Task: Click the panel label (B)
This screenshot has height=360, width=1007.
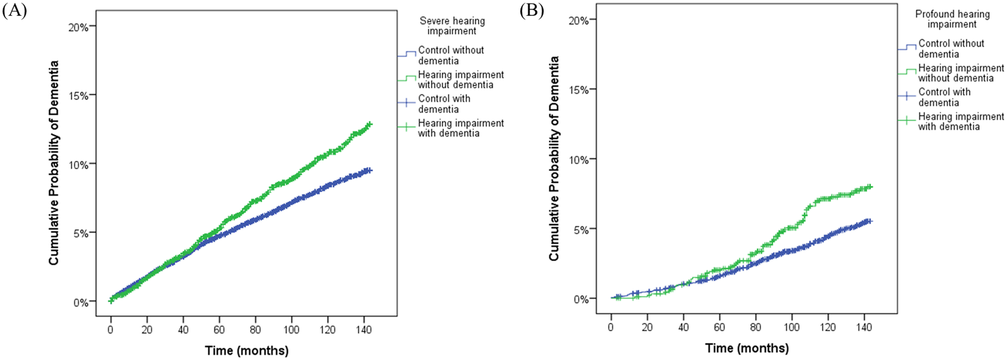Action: (x=530, y=10)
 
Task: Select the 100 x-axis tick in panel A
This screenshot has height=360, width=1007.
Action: (x=291, y=329)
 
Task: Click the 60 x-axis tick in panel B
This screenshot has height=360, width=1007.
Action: (x=720, y=327)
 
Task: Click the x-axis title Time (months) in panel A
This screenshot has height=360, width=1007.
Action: (x=247, y=350)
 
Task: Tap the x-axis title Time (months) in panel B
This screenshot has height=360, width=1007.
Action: (x=747, y=348)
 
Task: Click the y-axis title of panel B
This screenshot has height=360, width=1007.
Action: (x=554, y=159)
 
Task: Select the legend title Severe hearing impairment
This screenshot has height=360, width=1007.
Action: (x=452, y=26)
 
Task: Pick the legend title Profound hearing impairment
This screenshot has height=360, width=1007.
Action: (x=952, y=19)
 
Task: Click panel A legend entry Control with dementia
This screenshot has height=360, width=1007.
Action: (x=444, y=104)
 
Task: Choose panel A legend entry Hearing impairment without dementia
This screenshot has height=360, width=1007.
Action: (x=461, y=79)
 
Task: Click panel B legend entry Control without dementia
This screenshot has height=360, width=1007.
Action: (x=951, y=48)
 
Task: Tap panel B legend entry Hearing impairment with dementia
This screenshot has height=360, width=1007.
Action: (x=961, y=121)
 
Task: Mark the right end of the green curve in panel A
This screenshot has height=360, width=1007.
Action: (x=369, y=124)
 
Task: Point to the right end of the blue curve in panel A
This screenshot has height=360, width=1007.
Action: (x=369, y=170)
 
